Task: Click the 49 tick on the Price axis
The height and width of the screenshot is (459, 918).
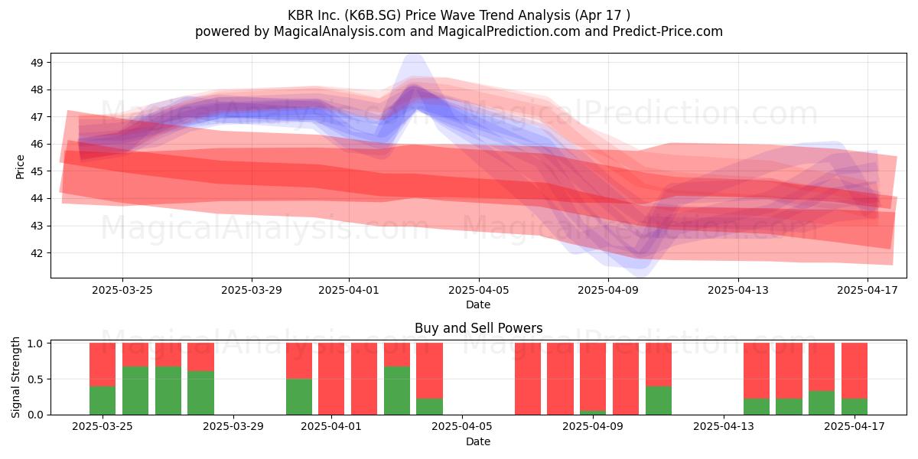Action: pyautogui.click(x=37, y=63)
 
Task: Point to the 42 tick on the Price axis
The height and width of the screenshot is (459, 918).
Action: pyautogui.click(x=37, y=253)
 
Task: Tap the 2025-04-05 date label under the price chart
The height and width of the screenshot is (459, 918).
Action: pyautogui.click(x=478, y=290)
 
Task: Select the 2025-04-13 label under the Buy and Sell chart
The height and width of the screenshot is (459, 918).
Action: pyautogui.click(x=724, y=427)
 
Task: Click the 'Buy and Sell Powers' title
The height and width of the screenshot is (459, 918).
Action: pyautogui.click(x=478, y=328)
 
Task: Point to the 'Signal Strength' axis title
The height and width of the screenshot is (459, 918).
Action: pyautogui.click(x=15, y=377)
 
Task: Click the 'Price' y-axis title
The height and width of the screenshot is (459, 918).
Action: pyautogui.click(x=20, y=167)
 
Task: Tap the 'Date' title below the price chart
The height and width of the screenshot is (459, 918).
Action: pyautogui.click(x=478, y=304)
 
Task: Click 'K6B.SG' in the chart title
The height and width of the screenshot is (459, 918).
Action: pyautogui.click(x=373, y=15)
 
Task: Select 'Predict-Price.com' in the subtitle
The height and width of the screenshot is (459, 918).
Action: pyautogui.click(x=668, y=31)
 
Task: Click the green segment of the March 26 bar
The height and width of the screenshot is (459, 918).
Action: pyautogui.click(x=135, y=391)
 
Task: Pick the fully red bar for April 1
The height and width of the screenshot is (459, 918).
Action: pyautogui.click(x=331, y=379)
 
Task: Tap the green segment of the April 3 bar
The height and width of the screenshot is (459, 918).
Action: pyautogui.click(x=397, y=391)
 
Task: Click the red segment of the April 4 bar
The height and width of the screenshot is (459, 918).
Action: pyautogui.click(x=429, y=370)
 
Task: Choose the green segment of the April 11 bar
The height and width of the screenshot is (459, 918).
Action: pyautogui.click(x=659, y=400)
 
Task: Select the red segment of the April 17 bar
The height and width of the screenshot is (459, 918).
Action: pyautogui.click(x=855, y=370)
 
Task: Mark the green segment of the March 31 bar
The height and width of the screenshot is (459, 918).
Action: pyautogui.click(x=299, y=397)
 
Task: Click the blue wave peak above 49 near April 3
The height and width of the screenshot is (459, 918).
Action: pyautogui.click(x=415, y=56)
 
